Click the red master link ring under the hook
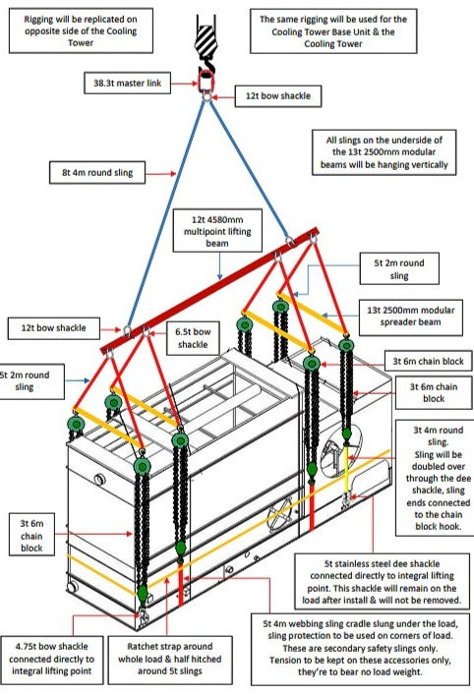207,80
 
